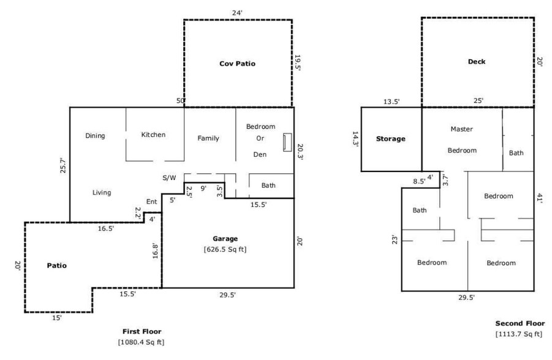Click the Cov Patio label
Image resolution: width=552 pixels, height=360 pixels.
click(237, 64)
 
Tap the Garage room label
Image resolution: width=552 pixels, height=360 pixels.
click(225, 239)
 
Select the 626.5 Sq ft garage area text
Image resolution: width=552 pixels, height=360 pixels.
click(225, 249)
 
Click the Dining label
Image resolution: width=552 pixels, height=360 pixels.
click(95, 136)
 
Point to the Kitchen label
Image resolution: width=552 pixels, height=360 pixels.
click(153, 135)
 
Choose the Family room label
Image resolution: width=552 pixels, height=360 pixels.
click(208, 138)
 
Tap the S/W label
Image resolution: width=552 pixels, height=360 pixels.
click(169, 178)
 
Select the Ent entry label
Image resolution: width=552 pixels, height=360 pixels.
click(151, 202)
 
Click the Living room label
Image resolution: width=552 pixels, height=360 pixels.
click(102, 193)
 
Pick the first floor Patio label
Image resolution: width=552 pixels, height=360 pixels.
click(56, 266)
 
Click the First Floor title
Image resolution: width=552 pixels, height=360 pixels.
click(141, 331)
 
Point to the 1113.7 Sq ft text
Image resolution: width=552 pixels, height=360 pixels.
click(519, 334)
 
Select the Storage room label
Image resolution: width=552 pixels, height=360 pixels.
click(390, 139)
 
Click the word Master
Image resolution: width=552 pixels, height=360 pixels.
click(461, 129)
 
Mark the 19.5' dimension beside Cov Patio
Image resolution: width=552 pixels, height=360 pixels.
click(298, 63)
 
